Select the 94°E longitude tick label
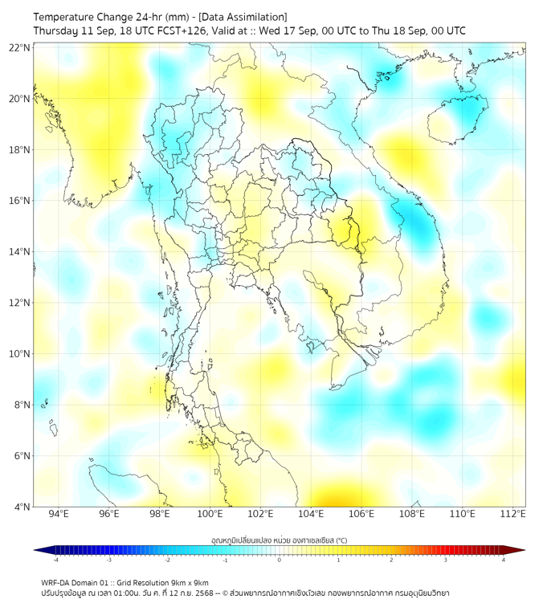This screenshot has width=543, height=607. tap(59, 514)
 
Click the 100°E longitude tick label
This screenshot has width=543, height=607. tap(210, 514)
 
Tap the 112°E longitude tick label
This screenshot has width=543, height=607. tap(513, 514)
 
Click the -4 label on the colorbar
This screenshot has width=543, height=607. tap(55, 560)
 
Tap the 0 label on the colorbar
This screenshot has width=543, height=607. tap(280, 560)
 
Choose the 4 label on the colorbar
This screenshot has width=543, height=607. tap(504, 560)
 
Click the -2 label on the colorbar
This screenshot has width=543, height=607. tap(166, 560)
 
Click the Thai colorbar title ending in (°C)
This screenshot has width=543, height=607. tap(279, 540)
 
